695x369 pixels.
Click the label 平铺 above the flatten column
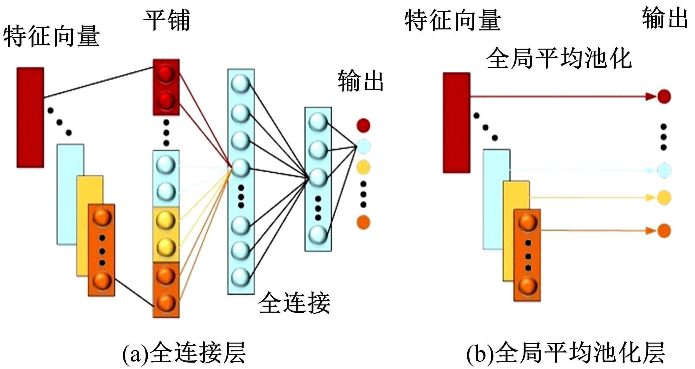(x=167, y=20)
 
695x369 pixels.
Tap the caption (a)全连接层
(x=184, y=352)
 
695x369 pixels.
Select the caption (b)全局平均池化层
(x=565, y=352)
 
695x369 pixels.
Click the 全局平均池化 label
(x=558, y=58)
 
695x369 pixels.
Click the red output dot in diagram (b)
(x=664, y=96)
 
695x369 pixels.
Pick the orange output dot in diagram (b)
(x=664, y=231)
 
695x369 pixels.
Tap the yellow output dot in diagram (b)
(x=664, y=198)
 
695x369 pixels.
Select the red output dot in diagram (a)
(x=363, y=125)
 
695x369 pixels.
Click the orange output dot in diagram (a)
(x=363, y=222)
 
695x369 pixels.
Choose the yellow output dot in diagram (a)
(x=363, y=167)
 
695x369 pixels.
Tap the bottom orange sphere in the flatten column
(x=166, y=302)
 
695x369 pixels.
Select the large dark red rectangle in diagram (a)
(x=30, y=117)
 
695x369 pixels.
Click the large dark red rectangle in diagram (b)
(x=456, y=123)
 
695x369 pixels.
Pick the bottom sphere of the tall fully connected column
(x=240, y=277)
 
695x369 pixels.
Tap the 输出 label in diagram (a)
(x=360, y=81)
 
